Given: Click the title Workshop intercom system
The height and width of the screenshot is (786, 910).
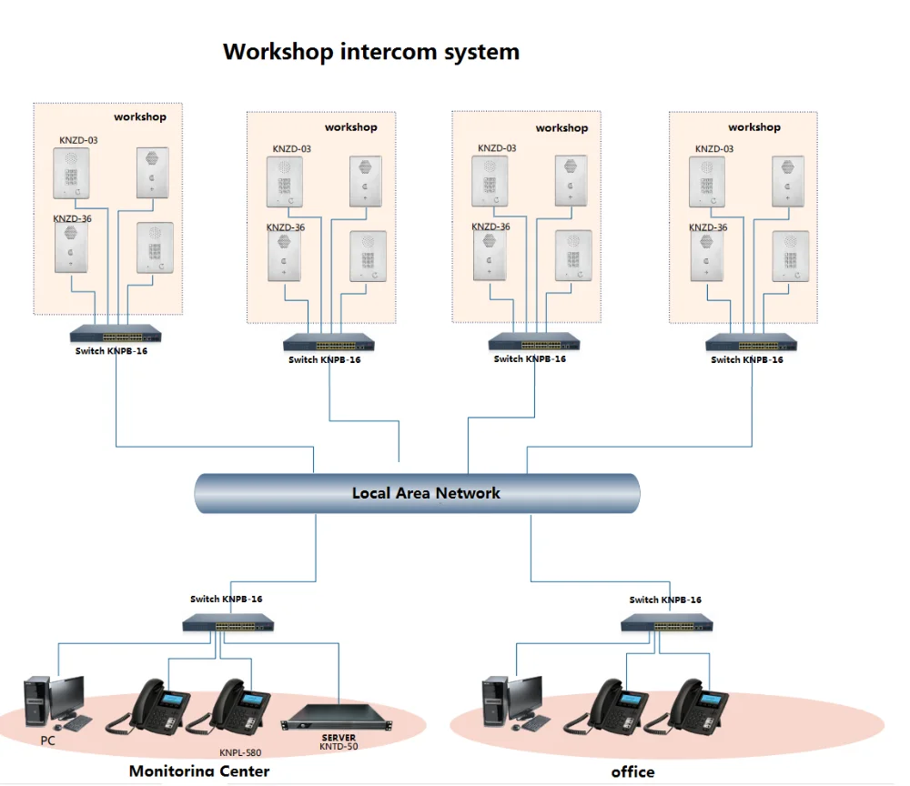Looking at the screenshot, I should coord(371,52).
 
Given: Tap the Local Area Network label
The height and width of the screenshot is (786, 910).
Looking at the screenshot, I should coord(426,494).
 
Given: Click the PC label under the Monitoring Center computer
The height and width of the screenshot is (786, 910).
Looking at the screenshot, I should coord(48,741).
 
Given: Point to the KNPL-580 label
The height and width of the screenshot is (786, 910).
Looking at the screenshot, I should coord(240,753).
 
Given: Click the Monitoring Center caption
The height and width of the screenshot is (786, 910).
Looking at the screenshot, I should coord(199,771).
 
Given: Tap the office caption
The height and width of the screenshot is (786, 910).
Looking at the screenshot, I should coord(632,772).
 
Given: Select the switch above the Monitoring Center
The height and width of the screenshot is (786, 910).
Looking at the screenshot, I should coord(227,623).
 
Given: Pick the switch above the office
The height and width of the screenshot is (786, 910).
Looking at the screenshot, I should coord(667,624).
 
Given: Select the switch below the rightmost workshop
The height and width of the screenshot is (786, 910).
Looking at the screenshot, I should coord(752,343).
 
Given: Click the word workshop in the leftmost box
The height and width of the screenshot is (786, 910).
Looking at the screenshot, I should coord(140,117).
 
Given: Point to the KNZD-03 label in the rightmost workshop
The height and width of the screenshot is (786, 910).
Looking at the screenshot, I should coord(713,149).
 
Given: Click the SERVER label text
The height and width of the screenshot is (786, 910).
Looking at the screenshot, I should coord(339,738).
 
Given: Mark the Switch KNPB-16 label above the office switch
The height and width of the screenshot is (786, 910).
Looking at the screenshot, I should coord(665,600).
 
